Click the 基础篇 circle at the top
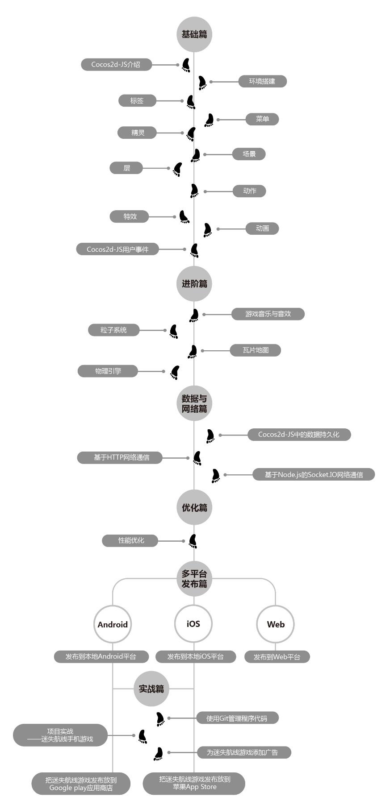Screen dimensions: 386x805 click(194, 34)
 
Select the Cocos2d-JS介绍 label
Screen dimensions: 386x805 click(116, 65)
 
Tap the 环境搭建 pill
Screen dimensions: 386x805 click(262, 81)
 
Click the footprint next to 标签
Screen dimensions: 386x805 click(191, 102)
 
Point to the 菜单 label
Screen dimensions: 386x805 click(262, 119)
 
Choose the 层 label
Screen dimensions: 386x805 click(127, 168)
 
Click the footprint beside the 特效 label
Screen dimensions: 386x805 click(184, 217)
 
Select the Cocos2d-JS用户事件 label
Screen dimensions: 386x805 click(117, 249)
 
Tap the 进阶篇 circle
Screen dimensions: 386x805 click(194, 284)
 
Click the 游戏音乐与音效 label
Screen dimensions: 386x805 click(268, 314)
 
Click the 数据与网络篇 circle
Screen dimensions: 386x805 click(194, 403)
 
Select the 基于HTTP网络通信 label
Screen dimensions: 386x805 click(120, 457)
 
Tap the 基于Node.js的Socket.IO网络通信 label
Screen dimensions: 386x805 click(314, 474)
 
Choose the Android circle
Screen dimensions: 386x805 click(113, 624)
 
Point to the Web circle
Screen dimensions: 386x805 click(276, 624)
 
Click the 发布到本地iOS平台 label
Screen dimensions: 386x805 click(196, 656)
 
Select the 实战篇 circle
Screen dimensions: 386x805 click(151, 689)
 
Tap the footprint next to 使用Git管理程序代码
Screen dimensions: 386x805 click(160, 719)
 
